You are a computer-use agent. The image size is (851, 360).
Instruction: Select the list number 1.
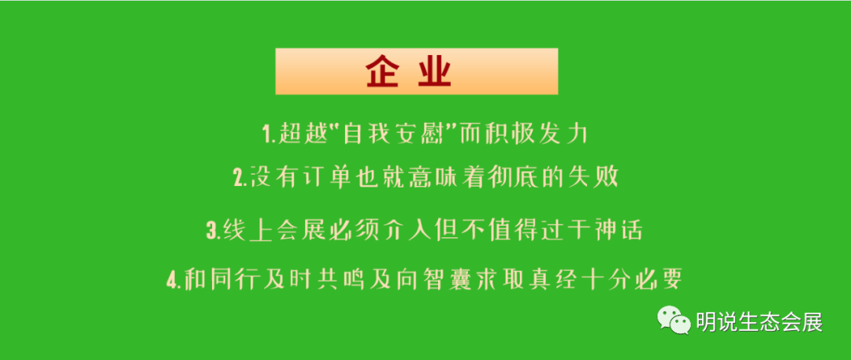pyautogui.click(x=266, y=134)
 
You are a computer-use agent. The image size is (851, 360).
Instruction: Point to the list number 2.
pyautogui.click(x=238, y=178)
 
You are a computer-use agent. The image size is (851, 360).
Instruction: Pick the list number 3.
pyautogui.click(x=212, y=231)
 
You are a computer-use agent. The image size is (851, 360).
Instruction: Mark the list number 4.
pyautogui.click(x=172, y=280)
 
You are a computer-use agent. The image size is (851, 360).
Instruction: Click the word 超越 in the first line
pyautogui.click(x=301, y=134)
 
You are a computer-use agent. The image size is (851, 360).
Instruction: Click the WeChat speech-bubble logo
pyautogui.click(x=674, y=320)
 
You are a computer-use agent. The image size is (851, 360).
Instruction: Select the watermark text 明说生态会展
pyautogui.click(x=759, y=322)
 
